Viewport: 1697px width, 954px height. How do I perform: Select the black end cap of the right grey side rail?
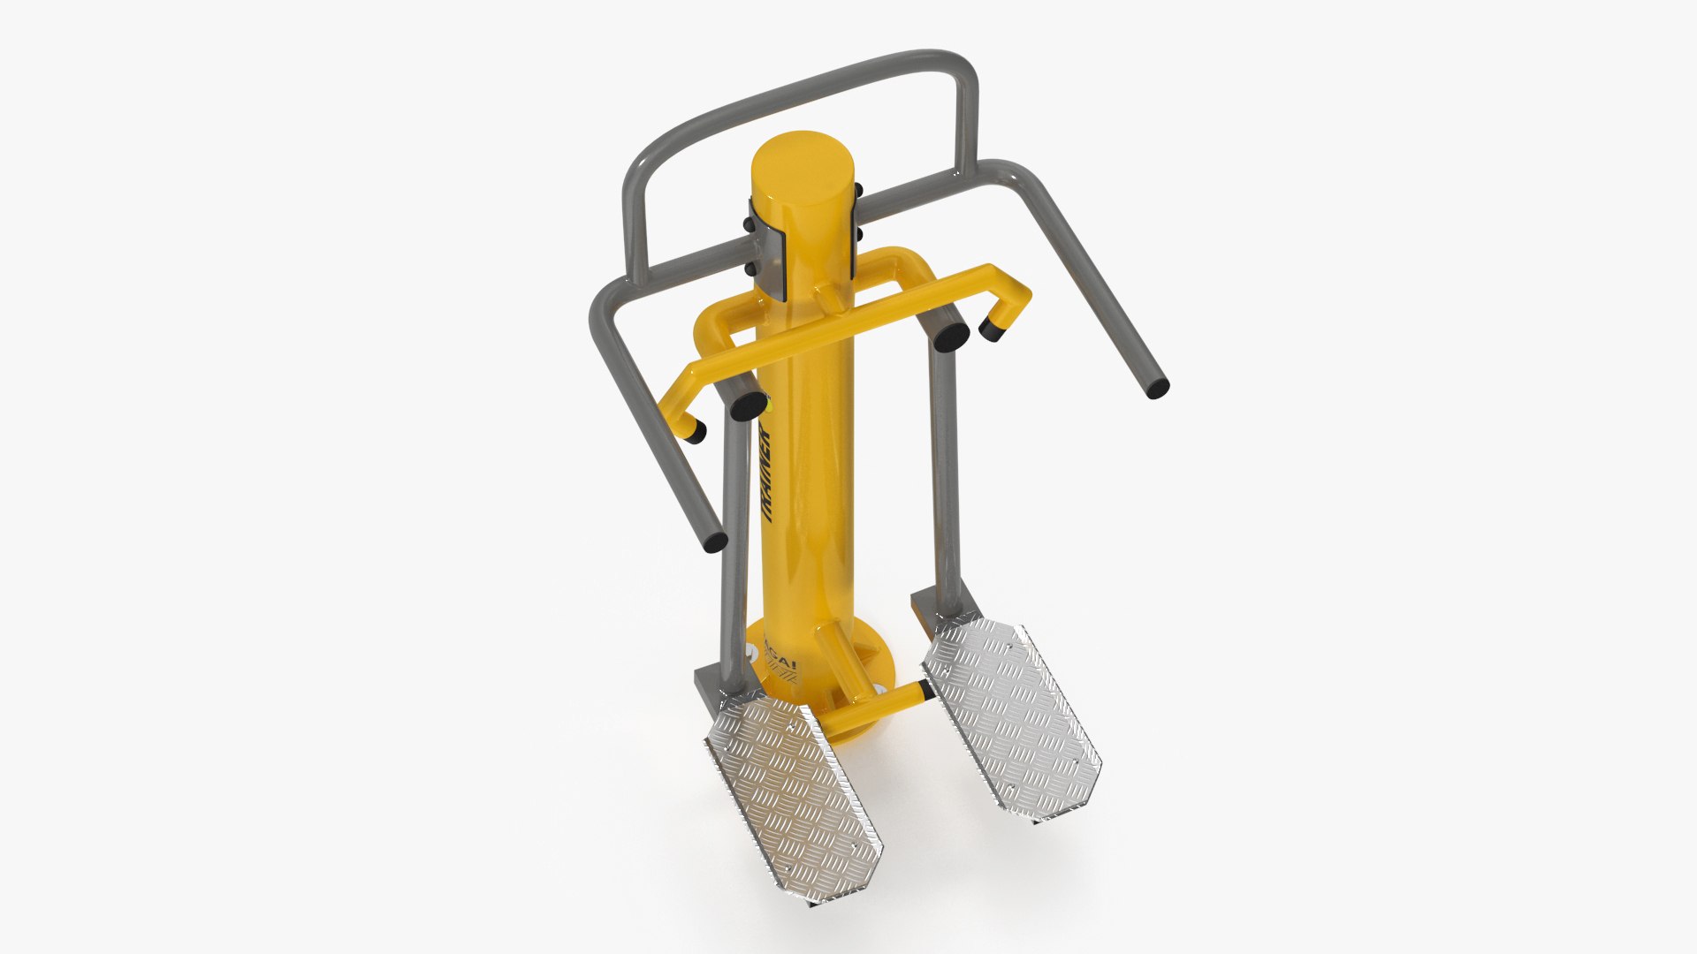click(x=1157, y=388)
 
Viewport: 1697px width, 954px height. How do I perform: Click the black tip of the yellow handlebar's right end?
click(x=993, y=331)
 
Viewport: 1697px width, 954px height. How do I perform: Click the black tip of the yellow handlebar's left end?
click(x=696, y=433)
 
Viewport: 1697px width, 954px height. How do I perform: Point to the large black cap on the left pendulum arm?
click(x=749, y=405)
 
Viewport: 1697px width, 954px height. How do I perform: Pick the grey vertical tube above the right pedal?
click(x=944, y=477)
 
